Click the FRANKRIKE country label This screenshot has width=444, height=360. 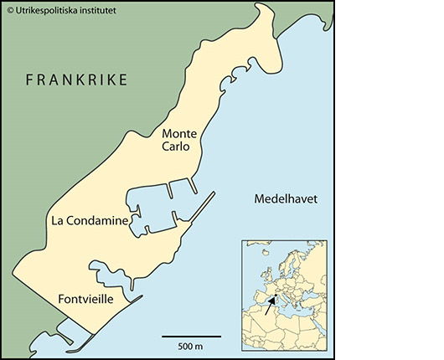[76, 80]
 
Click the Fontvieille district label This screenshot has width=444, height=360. [89, 299]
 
